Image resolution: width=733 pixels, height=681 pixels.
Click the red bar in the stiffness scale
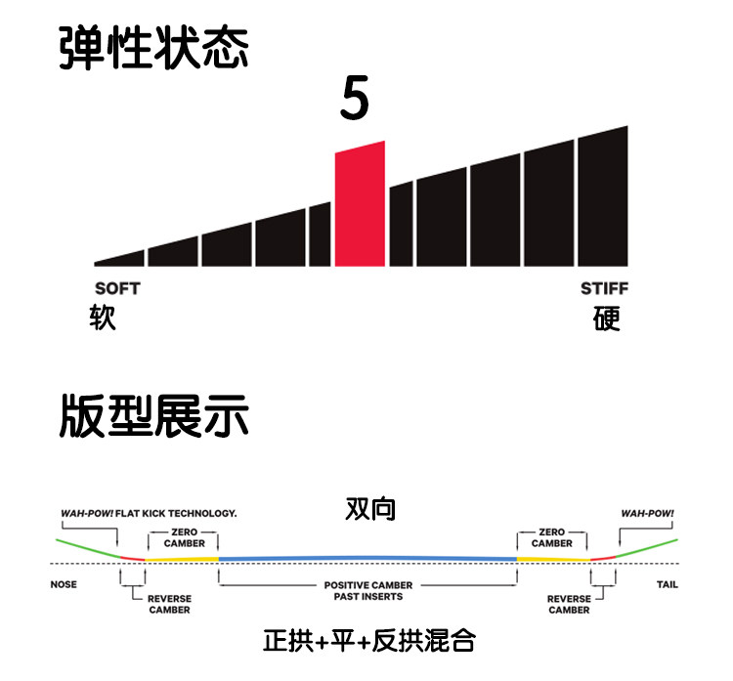click(x=360, y=205)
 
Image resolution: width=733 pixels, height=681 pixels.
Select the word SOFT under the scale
click(x=117, y=288)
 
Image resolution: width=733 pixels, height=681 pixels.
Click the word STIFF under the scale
click(x=605, y=288)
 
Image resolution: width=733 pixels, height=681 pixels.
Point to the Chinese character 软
click(x=103, y=319)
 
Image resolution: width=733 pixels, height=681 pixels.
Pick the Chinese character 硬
click(x=607, y=319)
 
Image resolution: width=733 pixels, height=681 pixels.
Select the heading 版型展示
click(x=153, y=416)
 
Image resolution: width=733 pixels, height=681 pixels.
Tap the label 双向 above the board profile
click(x=369, y=509)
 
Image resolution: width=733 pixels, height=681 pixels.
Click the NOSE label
click(x=64, y=585)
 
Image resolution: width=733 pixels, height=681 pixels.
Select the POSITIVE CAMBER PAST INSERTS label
click(x=367, y=590)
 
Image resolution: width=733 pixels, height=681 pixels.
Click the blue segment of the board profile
click(x=367, y=557)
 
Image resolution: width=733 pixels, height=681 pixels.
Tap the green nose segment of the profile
click(x=83, y=548)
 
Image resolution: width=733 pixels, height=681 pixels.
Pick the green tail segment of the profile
click(x=650, y=547)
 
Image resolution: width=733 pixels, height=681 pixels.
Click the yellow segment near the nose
click(x=182, y=559)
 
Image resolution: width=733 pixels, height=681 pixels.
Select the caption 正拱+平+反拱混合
click(x=368, y=641)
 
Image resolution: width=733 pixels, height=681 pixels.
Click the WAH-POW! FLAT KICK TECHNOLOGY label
click(x=147, y=512)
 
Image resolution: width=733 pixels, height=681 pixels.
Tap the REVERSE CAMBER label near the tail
click(x=569, y=604)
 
